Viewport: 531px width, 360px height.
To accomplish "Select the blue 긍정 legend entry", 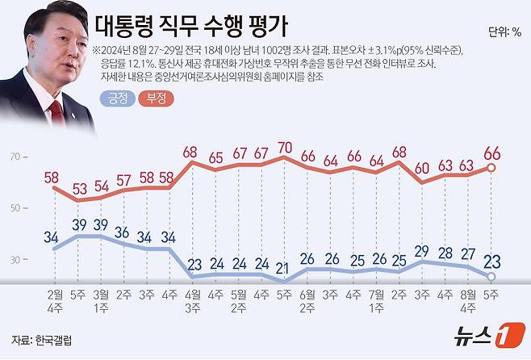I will (115, 98).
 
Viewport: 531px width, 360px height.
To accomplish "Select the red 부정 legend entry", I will (156, 98).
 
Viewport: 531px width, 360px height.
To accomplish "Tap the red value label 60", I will (422, 168).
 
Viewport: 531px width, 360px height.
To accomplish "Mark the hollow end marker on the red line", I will (491, 168).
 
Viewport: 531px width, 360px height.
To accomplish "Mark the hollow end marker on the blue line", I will (491, 277).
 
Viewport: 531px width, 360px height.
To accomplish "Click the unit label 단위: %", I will (504, 33).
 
